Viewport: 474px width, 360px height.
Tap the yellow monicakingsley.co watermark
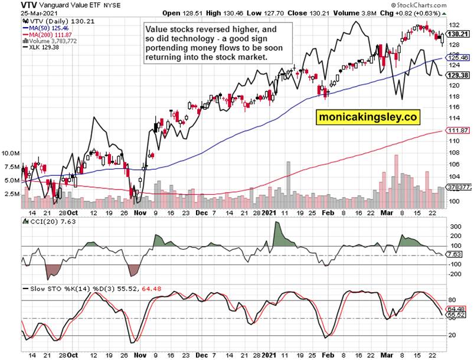click(368, 118)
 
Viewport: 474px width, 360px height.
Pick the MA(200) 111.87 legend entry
click(48, 35)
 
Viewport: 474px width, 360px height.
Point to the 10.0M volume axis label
click(11, 153)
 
